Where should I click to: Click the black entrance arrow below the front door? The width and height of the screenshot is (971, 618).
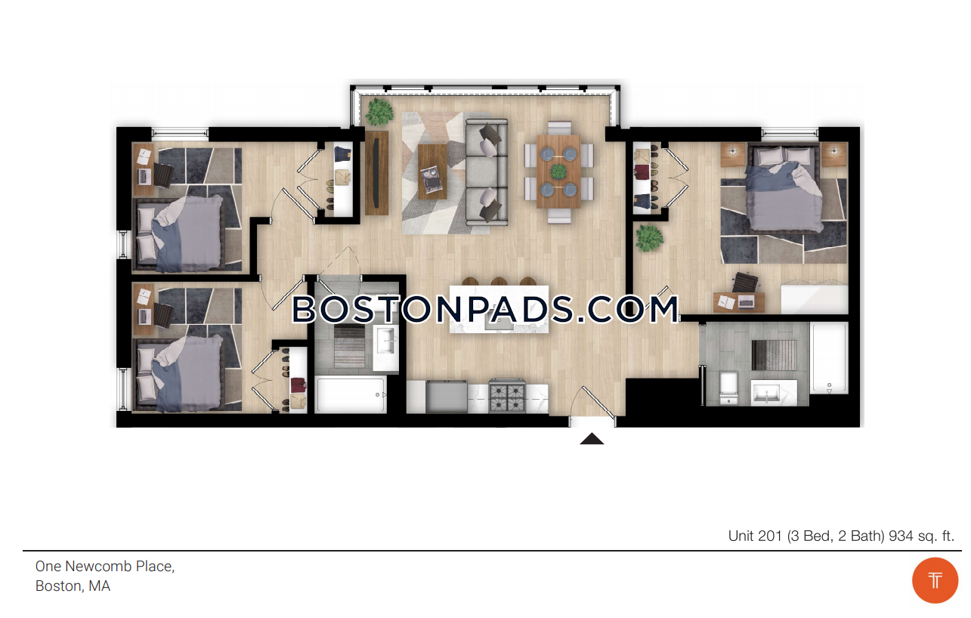tap(592, 439)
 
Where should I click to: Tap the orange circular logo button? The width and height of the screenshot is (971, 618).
tap(935, 580)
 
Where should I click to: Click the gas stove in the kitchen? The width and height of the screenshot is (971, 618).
tap(507, 396)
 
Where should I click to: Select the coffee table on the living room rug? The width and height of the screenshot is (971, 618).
tap(433, 171)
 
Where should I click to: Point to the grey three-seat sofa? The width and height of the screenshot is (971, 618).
tap(487, 172)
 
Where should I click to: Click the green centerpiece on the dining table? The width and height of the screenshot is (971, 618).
tap(558, 171)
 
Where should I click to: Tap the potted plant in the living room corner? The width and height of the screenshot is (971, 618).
tap(379, 111)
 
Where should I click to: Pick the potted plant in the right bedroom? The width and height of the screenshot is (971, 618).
tap(649, 238)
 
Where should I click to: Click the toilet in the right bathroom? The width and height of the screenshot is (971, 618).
tap(728, 388)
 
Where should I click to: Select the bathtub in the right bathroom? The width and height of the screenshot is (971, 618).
tap(829, 358)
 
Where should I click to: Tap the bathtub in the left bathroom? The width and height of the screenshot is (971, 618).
tap(351, 395)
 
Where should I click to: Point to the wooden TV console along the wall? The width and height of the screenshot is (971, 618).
tap(376, 173)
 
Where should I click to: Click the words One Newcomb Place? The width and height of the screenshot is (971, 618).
tap(104, 566)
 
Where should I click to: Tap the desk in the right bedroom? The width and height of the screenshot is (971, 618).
tap(739, 302)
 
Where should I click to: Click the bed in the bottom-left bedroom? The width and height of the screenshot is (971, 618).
tap(178, 374)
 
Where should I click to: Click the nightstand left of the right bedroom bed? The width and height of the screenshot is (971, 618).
tap(732, 155)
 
